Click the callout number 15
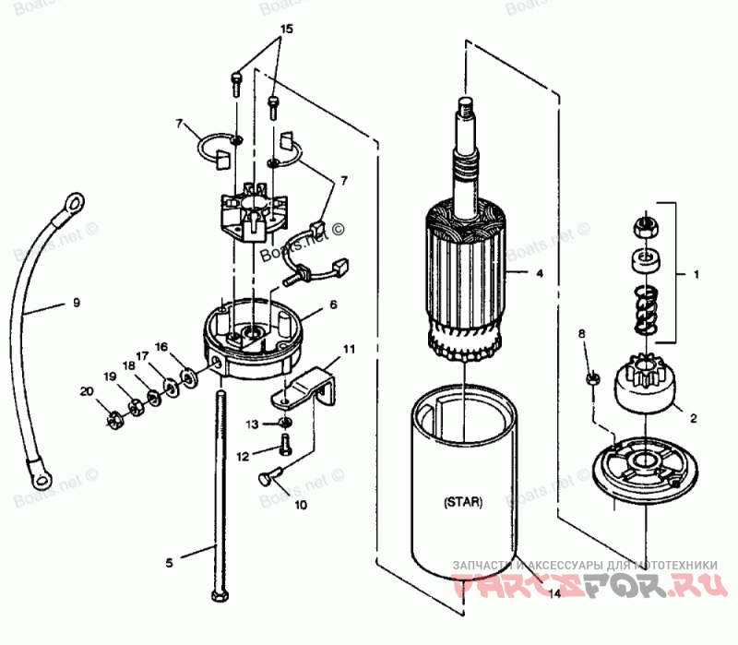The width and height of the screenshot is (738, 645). click(x=286, y=30)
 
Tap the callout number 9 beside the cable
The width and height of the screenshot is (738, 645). click(x=77, y=302)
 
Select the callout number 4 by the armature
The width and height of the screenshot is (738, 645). click(x=540, y=273)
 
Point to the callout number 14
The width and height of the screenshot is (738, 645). click(x=553, y=594)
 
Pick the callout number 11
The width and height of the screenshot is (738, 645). click(x=349, y=350)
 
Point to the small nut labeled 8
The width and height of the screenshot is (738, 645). click(x=595, y=378)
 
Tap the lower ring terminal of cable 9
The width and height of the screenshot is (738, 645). click(x=42, y=476)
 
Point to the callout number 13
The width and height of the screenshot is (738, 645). click(x=253, y=424)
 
